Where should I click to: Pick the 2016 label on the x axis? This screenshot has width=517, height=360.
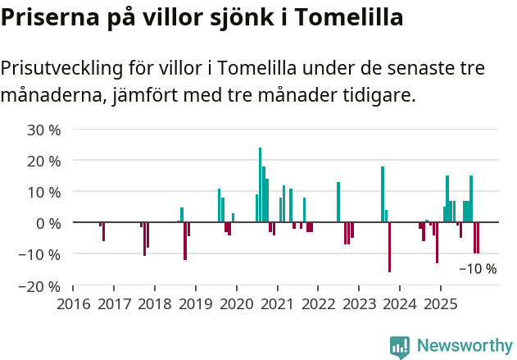73,304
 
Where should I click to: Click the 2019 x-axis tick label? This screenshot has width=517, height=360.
195,304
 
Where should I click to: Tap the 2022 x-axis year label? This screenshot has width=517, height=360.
318,304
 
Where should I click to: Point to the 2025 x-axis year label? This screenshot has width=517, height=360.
441,304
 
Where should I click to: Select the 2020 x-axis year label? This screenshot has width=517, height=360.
236,304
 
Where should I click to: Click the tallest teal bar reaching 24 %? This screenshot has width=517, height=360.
261,185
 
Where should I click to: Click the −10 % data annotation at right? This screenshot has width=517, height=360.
478,268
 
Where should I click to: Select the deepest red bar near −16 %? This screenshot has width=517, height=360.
389,247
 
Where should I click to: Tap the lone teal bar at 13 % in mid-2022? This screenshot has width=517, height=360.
338,202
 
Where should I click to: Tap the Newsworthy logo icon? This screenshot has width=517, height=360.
400,347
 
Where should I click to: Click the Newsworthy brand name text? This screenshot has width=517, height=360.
464,346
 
